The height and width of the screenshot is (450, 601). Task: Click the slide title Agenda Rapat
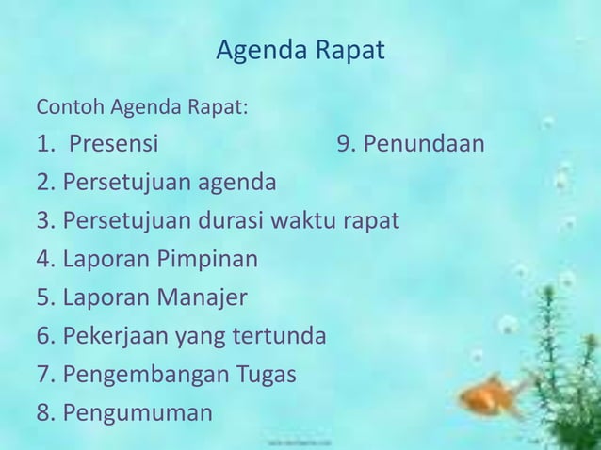300,51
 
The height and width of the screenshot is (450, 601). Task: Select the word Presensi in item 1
114,145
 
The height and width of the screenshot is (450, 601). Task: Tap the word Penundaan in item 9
424,145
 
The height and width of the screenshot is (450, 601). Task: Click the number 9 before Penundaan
344,145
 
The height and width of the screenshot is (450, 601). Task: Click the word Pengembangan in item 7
141,375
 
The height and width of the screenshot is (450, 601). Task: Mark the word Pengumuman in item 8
138,413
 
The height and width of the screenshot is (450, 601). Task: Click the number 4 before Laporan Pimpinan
43,260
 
